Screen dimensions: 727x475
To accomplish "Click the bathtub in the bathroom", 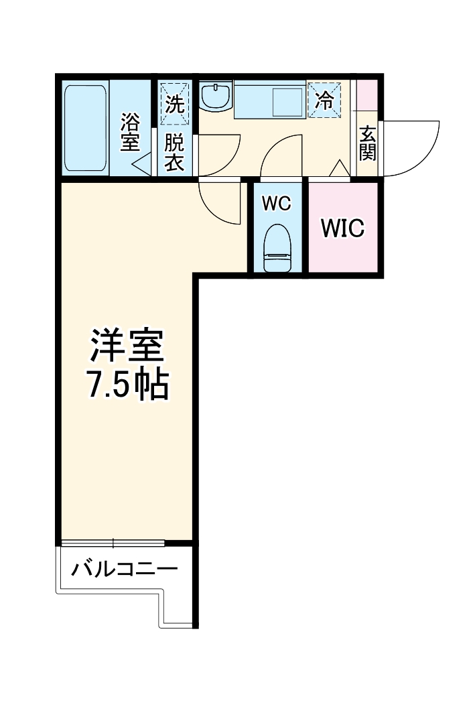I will point(85,127).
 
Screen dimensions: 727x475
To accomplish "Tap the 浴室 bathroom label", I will point(130,132).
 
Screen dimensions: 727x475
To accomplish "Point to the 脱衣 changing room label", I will point(175,152).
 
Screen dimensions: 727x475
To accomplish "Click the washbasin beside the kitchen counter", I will point(216,97).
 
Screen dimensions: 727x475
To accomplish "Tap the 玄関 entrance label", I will point(367,143).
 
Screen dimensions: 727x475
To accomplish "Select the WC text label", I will point(276,204).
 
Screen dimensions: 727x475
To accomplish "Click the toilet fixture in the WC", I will point(277,249).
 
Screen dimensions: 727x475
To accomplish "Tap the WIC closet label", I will point(342,228).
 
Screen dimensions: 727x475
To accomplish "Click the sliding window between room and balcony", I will point(113,542).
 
